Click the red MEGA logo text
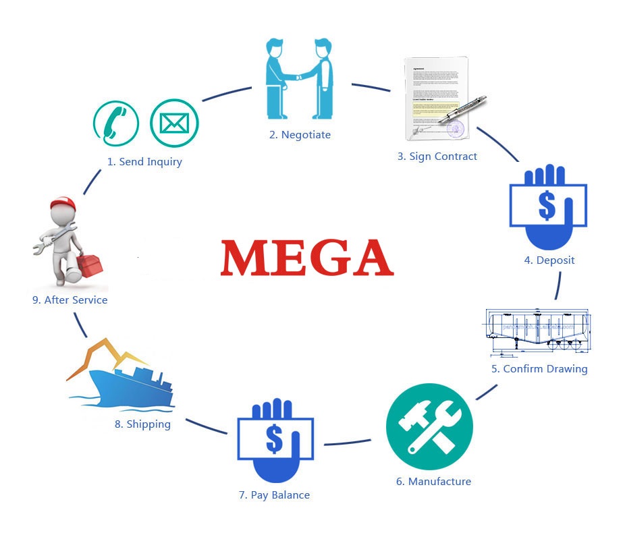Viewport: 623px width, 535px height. point(306,258)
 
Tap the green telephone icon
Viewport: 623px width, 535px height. point(115,123)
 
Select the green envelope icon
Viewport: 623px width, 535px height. point(173,123)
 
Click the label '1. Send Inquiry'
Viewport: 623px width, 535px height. point(144,162)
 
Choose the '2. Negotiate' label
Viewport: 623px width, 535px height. point(300,135)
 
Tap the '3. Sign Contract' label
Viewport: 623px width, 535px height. point(437,157)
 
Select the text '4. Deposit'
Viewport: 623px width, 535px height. point(549,260)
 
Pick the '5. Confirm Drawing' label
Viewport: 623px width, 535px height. point(539,369)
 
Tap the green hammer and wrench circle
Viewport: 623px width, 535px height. point(429,427)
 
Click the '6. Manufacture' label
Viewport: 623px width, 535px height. point(433,482)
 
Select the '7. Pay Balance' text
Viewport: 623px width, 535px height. point(274,495)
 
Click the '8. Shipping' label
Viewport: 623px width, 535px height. point(142,424)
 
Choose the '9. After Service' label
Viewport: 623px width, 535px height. point(70,300)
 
